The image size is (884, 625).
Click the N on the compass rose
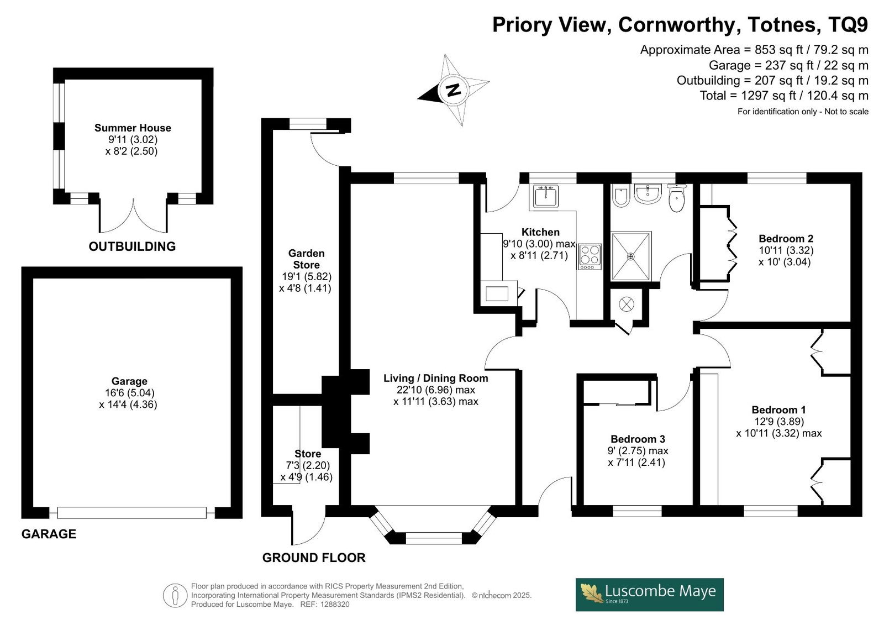pos(454,90)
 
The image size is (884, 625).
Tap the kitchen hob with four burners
pos(590,256)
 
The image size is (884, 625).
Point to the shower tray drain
pos(630,256)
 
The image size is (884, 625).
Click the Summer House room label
pos(133,128)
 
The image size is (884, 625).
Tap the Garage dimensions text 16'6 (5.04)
pos(129,393)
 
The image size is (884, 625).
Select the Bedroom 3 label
pos(638,439)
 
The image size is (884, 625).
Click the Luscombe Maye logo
pos(649,595)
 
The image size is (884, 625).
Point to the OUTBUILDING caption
pos(132,246)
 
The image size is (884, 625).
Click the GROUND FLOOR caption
pos(314,558)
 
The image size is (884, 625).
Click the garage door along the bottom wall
pos(132,513)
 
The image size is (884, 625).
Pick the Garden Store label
pos(306,259)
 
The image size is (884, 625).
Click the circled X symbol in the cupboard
pos(627,304)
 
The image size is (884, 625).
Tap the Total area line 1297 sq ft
pos(784,96)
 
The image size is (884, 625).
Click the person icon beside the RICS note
pos(175,595)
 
